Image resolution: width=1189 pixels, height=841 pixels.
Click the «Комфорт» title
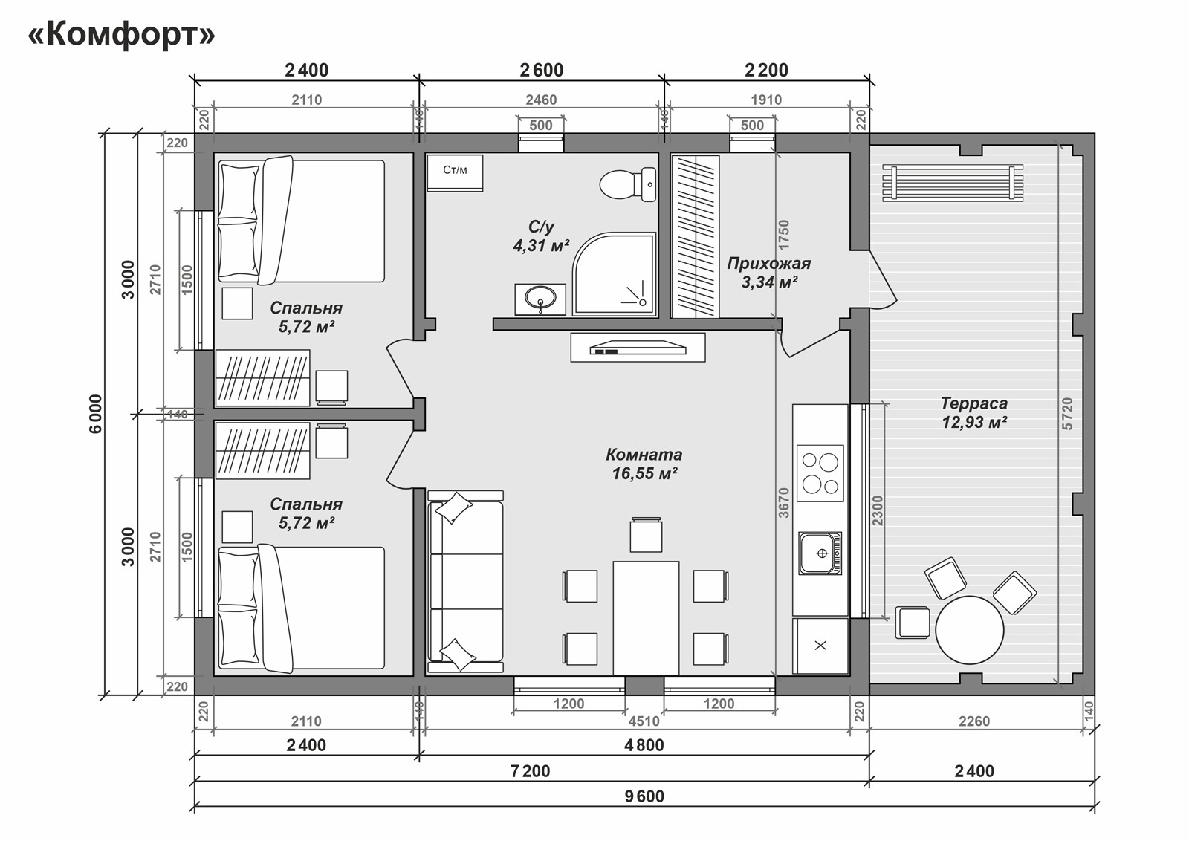122,36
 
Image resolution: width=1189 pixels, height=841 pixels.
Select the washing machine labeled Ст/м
455,172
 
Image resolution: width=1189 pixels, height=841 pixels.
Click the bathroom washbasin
540,299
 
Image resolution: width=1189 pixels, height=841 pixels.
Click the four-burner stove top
820,473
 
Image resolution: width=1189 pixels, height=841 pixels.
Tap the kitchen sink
820,553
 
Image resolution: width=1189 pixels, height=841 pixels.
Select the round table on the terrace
969,630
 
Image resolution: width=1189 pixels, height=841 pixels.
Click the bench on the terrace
953,183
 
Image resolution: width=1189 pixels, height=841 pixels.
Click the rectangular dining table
646,618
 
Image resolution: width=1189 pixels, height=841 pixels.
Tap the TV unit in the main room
638,348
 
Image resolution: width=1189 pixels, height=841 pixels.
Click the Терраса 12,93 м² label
974,413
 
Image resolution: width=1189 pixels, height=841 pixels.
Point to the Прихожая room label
769,263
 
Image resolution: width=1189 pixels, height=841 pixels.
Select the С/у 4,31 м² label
541,236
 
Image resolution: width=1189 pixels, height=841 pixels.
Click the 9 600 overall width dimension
644,796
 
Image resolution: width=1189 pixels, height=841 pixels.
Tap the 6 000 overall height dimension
96,414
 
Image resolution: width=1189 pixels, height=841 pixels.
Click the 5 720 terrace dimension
1067,413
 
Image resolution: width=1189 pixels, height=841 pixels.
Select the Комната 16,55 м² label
644,464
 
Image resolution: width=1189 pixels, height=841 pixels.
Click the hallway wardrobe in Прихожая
695,237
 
